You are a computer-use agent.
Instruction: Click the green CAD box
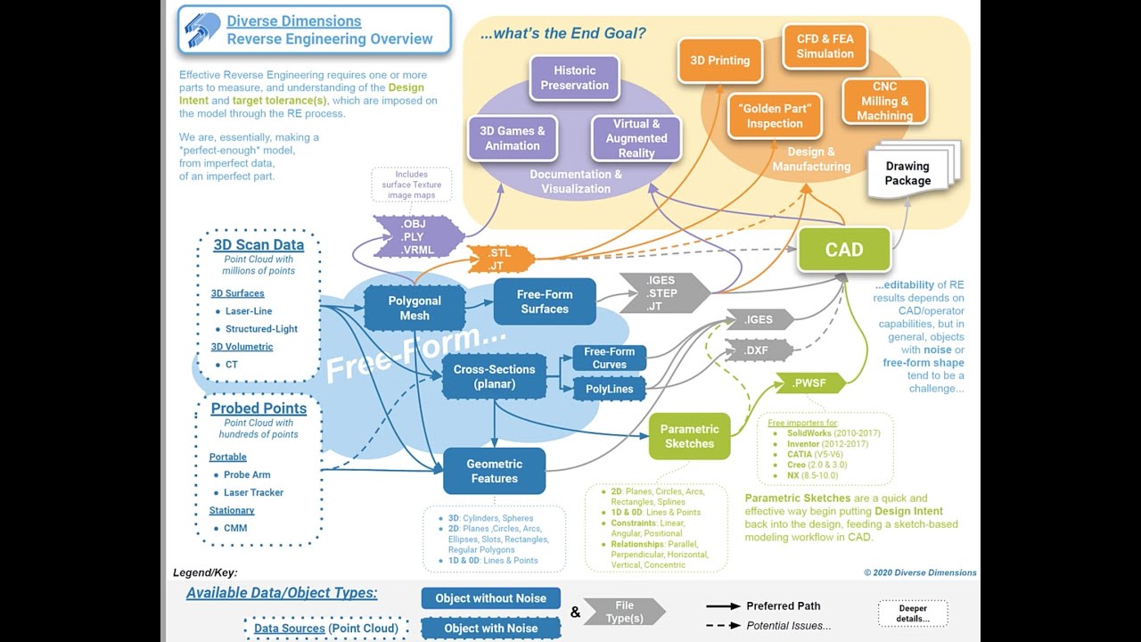coord(843,250)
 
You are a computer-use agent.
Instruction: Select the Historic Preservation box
coord(574,78)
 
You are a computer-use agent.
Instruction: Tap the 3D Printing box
coord(719,61)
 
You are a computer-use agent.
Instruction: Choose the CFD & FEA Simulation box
coord(825,46)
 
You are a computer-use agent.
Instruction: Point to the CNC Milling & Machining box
coord(884,101)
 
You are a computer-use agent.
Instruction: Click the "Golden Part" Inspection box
coord(775,116)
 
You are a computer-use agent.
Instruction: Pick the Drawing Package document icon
coord(908,173)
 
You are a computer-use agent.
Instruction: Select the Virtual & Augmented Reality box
coord(636,138)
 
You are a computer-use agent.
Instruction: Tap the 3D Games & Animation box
coord(513,138)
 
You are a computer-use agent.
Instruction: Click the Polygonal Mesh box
coord(415,309)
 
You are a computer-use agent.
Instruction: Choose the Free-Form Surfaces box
coord(545,301)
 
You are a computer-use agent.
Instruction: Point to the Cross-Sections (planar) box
coord(495,376)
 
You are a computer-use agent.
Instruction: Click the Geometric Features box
coord(494,471)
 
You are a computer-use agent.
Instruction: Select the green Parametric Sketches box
coord(689,436)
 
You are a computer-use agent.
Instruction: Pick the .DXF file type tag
coord(758,350)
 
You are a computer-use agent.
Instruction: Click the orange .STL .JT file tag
coord(500,259)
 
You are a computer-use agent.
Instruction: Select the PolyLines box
coord(610,389)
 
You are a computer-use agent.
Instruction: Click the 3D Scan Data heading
coord(259,244)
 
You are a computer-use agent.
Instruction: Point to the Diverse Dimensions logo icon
coord(202,30)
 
